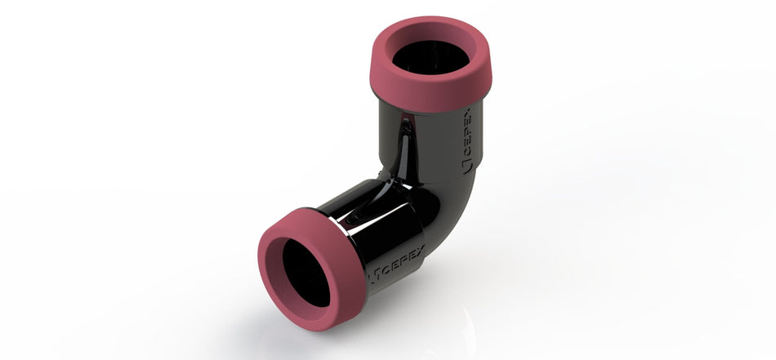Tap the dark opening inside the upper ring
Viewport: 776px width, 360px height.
pyautogui.click(x=430, y=58)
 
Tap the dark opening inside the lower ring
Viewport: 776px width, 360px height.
pyautogui.click(x=306, y=274)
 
